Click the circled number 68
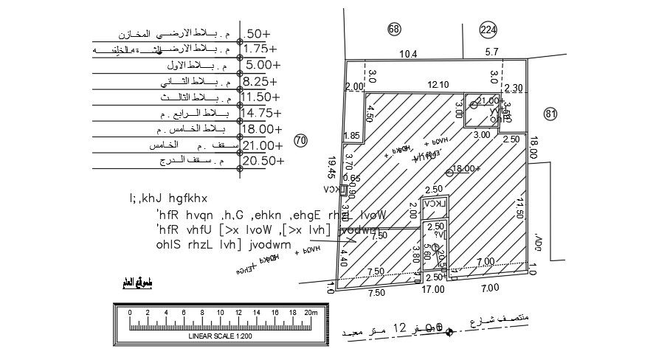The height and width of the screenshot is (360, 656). [x=393, y=29]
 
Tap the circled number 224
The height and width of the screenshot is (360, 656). [x=488, y=30]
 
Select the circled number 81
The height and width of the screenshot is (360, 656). [x=550, y=114]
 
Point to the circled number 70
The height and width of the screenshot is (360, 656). [x=300, y=140]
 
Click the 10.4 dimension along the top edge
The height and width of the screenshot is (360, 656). [x=408, y=54]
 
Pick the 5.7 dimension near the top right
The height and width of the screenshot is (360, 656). [x=492, y=53]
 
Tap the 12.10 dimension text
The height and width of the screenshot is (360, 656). [x=438, y=85]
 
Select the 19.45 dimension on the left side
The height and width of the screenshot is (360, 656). [x=331, y=167]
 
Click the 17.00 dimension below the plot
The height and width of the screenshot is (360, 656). [x=433, y=289]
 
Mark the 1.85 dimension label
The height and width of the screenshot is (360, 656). [x=352, y=136]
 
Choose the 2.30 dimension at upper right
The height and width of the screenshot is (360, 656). [x=514, y=89]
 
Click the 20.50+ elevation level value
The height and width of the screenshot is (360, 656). [x=263, y=161]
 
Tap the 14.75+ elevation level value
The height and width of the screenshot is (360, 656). [x=262, y=113]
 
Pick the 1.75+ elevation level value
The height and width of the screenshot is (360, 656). [x=263, y=49]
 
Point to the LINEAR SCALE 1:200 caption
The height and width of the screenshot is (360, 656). [x=218, y=336]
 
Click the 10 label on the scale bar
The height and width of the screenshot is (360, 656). [x=220, y=312]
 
